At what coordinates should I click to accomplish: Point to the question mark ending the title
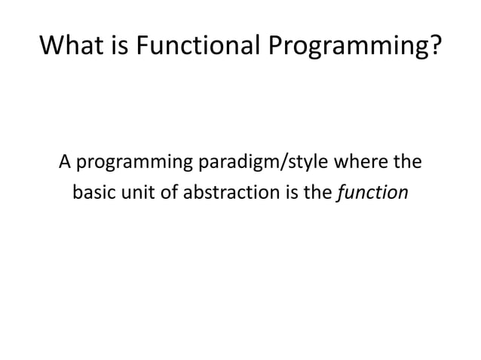(433, 47)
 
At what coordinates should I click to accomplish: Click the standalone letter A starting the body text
(66, 162)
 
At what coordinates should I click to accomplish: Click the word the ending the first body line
(408, 162)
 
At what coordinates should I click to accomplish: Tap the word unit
(136, 194)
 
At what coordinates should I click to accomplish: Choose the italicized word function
(372, 194)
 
